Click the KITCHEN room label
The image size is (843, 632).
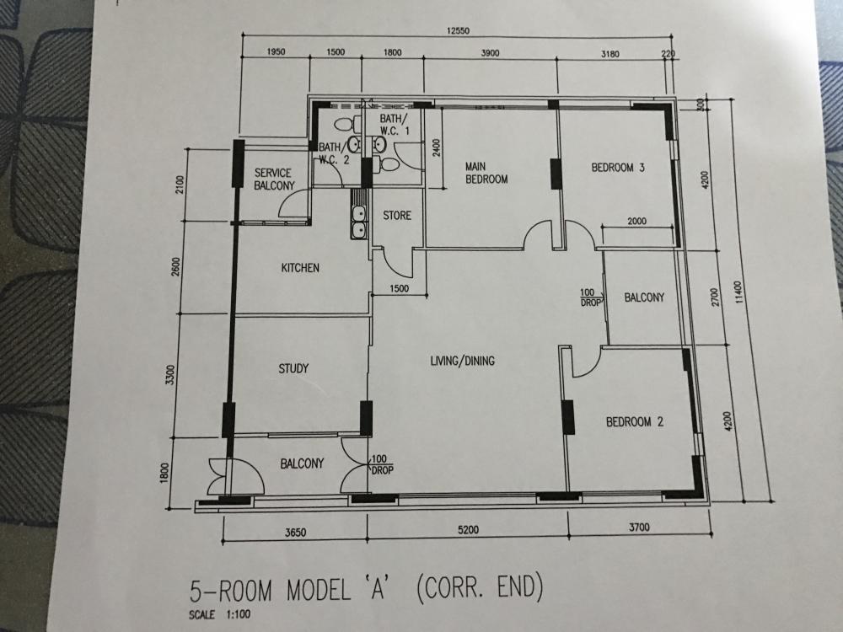pyautogui.click(x=300, y=268)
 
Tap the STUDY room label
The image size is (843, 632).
pyautogui.click(x=293, y=369)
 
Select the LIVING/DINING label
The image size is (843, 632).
pyautogui.click(x=462, y=361)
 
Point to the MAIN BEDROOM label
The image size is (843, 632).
pyautogui.click(x=486, y=173)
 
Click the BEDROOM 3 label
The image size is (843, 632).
pyautogui.click(x=618, y=168)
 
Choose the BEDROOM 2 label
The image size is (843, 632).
pyautogui.click(x=635, y=422)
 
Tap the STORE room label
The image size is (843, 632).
pyautogui.click(x=397, y=216)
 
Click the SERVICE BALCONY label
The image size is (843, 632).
pyautogui.click(x=274, y=179)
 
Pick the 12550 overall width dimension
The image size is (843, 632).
pyautogui.click(x=458, y=30)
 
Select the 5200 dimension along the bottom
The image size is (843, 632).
pyautogui.click(x=468, y=530)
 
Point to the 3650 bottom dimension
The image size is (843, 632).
pyautogui.click(x=295, y=533)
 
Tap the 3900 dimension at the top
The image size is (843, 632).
pyautogui.click(x=490, y=52)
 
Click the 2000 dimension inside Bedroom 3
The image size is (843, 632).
pyautogui.click(x=637, y=221)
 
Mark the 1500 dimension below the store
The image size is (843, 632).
pyautogui.click(x=399, y=288)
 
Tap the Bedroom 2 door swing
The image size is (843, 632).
pyautogui.click(x=587, y=362)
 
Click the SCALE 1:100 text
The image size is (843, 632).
pyautogui.click(x=219, y=614)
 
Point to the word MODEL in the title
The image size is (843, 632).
pyautogui.click(x=319, y=590)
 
